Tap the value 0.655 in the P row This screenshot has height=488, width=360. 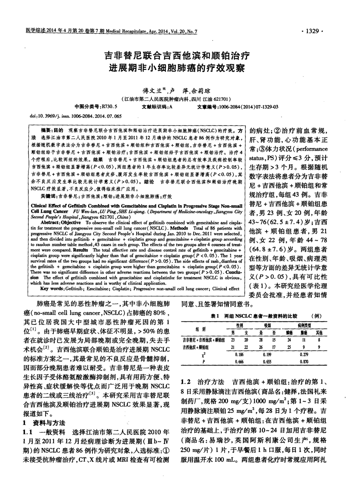(x=267, y=361)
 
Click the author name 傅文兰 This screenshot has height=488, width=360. (x=153, y=90)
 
